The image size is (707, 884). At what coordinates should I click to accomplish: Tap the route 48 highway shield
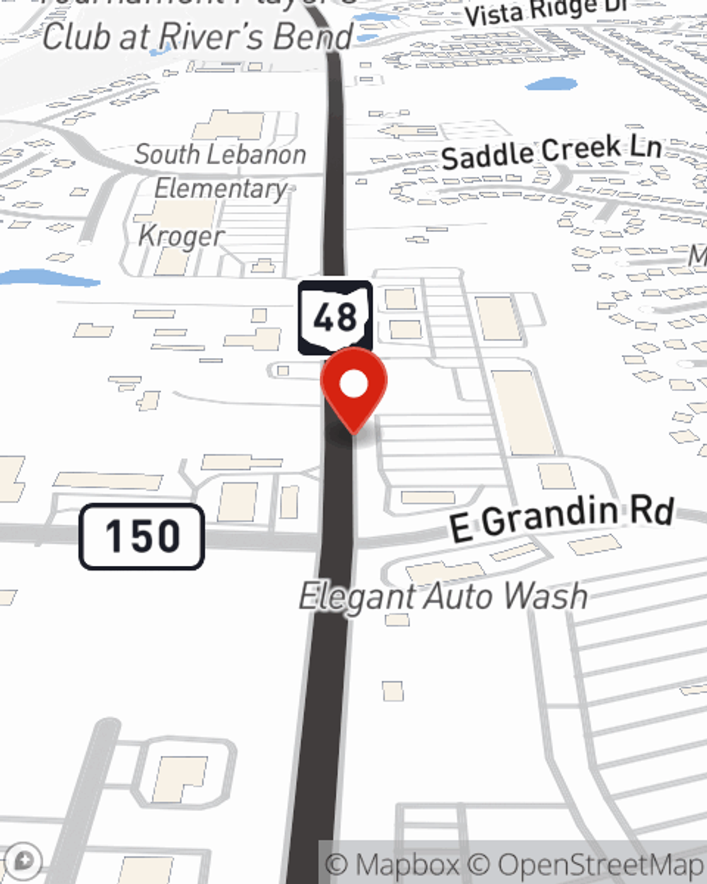[x=335, y=318]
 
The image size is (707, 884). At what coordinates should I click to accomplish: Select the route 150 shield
[x=141, y=537]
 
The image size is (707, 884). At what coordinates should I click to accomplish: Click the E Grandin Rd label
[x=561, y=518]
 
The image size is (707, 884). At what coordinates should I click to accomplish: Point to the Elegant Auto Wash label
[x=443, y=597]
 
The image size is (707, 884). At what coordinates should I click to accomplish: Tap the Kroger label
[x=181, y=236]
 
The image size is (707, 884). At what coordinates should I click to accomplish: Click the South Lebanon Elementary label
[x=221, y=171]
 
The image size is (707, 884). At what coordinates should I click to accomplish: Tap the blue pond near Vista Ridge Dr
[x=551, y=85]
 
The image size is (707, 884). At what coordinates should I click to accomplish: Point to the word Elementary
[x=221, y=189]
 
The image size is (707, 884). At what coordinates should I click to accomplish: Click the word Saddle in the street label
[x=488, y=156]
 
